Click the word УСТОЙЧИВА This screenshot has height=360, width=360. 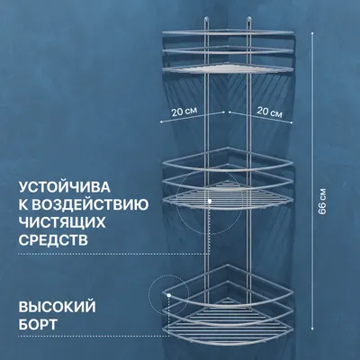(x=65, y=187)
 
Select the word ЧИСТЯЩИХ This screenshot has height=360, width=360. (x=62, y=222)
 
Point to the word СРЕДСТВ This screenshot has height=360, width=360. (x=53, y=240)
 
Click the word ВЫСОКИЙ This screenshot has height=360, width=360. (x=58, y=307)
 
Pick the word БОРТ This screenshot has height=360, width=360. (x=38, y=324)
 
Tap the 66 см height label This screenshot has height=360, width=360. (x=322, y=201)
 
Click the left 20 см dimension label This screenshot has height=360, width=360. (x=184, y=112)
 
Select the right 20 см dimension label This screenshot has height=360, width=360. (x=269, y=112)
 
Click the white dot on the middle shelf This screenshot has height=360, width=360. (x=210, y=201)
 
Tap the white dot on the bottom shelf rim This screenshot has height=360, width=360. (x=169, y=295)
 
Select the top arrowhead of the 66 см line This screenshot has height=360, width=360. (x=312, y=32)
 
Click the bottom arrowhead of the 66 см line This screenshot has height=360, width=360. (x=312, y=328)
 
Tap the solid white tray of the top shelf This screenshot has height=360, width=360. (x=227, y=69)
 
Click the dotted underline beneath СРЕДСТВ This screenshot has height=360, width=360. (x=114, y=254)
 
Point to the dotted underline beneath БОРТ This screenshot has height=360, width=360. (x=93, y=337)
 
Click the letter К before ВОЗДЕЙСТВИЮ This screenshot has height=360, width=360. (x=23, y=205)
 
